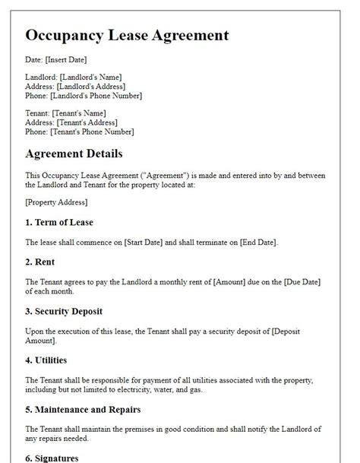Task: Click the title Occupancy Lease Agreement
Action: (x=127, y=35)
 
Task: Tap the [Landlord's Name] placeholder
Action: (x=92, y=77)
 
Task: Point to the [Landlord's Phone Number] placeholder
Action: (x=95, y=96)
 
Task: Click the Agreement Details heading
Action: (x=74, y=154)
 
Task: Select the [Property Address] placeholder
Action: (x=56, y=202)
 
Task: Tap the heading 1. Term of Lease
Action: (x=59, y=222)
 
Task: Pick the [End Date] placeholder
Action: (x=258, y=243)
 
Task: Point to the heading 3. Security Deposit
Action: (x=64, y=311)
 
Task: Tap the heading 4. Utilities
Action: (x=46, y=360)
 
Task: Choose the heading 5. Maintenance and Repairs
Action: (x=84, y=409)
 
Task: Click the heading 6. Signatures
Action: (x=52, y=458)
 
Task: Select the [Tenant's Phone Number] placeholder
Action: (x=91, y=132)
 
